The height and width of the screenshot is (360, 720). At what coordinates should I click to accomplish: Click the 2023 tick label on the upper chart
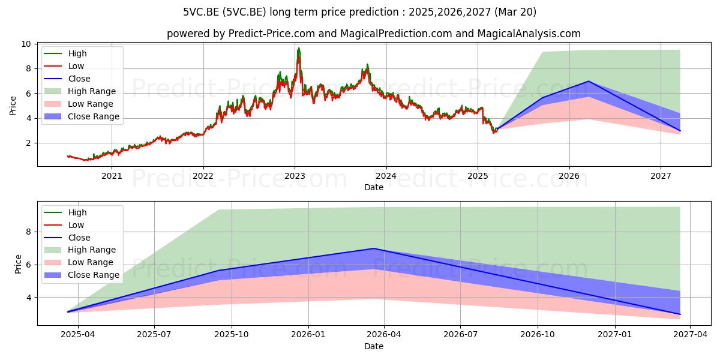pos(295,176)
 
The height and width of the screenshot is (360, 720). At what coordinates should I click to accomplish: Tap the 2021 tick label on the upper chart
pos(112,176)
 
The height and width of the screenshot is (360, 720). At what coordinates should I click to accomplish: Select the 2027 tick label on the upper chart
pos(661,176)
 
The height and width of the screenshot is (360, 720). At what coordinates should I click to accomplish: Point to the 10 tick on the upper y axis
pos(26,44)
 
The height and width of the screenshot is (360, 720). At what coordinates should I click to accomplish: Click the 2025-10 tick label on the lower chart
pos(232,335)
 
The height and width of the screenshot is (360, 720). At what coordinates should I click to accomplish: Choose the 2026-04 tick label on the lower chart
pos(384,335)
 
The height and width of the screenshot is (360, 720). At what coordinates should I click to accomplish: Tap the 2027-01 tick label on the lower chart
pos(614,335)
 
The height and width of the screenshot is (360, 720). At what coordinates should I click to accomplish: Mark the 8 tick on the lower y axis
pos(29,232)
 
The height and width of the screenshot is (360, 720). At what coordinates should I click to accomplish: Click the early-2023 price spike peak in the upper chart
pos(299,48)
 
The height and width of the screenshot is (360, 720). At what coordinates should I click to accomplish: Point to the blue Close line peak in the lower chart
pos(373,248)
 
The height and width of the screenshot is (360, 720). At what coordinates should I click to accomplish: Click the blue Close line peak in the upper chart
pos(589,81)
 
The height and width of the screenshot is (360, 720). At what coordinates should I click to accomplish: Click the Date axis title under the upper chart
pos(373,187)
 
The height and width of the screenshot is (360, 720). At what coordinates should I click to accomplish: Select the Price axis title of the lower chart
pos(18,264)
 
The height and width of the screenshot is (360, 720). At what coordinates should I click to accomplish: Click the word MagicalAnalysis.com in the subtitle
pos(529,34)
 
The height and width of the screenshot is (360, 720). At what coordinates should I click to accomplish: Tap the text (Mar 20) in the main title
pos(515,12)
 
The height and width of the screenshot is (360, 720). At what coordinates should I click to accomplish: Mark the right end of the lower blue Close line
pos(680,314)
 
